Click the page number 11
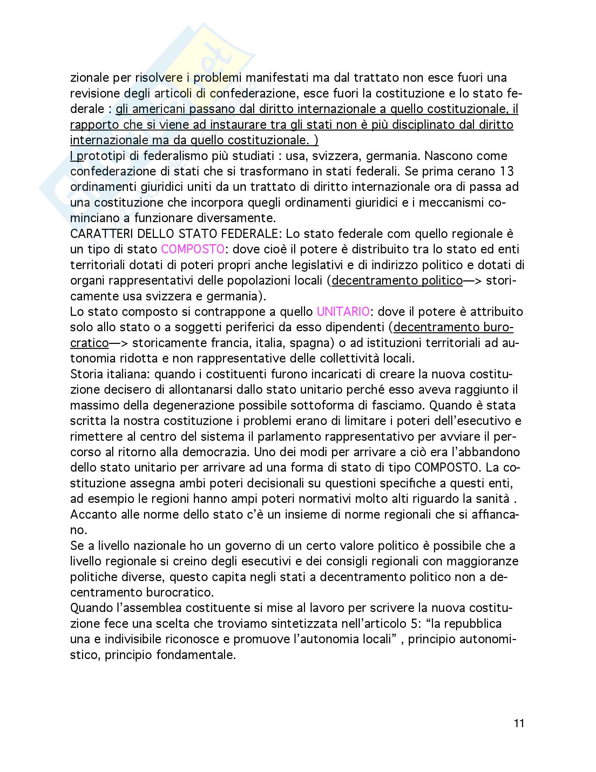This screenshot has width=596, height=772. (519, 724)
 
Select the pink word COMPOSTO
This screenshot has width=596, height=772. (192, 249)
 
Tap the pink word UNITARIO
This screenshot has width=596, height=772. (343, 312)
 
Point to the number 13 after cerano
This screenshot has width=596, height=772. (507, 172)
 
